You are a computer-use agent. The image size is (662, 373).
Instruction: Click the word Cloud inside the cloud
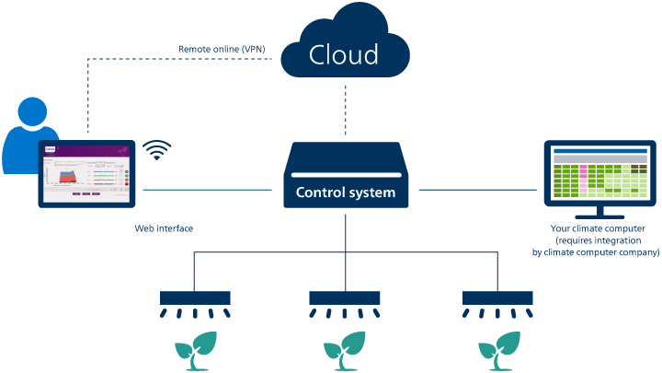[343, 54]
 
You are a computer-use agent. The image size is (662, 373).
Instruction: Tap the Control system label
[345, 192]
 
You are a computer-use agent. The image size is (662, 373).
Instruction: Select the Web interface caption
[163, 227]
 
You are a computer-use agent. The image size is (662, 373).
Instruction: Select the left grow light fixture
[195, 298]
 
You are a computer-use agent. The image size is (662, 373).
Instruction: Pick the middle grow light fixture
[345, 298]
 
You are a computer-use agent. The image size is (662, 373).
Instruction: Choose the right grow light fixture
[497, 298]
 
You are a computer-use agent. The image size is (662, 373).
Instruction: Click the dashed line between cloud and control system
[345, 109]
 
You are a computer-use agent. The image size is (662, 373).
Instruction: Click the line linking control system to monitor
[478, 192]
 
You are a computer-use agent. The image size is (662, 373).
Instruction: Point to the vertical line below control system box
[345, 235]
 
